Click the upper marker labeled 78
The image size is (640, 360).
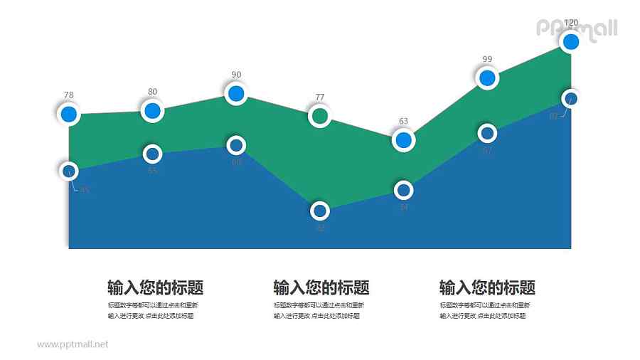[69, 114]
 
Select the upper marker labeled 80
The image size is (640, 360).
[152, 110]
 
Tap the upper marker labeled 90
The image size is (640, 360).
[236, 93]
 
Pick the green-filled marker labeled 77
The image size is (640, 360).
[320, 115]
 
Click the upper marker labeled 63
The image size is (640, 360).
[403, 140]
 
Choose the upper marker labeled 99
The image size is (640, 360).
[487, 78]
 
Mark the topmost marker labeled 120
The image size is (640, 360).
[571, 42]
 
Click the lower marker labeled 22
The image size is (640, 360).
[320, 211]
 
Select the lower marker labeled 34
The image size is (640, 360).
[403, 190]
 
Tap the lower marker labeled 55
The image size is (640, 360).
[152, 154]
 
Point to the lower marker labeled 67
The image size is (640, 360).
[487, 133]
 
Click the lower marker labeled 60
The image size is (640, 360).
[236, 146]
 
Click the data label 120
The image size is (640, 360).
[571, 23]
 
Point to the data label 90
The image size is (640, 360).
[236, 75]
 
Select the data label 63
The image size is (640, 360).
[403, 121]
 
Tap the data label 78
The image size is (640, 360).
[68, 95]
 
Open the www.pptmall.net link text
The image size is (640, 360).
[73, 344]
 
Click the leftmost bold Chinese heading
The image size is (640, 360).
[155, 288]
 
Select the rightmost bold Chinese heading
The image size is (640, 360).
[487, 288]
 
